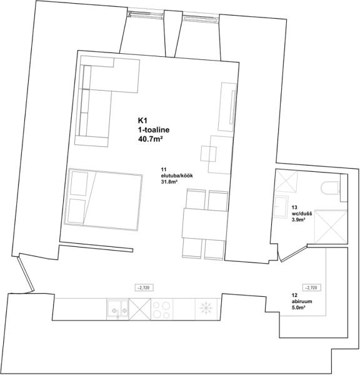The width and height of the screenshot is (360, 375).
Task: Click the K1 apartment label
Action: click(x=142, y=120)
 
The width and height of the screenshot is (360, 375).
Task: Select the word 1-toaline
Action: click(x=154, y=129)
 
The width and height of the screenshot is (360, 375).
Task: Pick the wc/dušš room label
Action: click(x=302, y=213)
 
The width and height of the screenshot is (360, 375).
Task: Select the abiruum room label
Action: click(x=302, y=301)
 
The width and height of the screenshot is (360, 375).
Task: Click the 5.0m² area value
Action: click(x=298, y=307)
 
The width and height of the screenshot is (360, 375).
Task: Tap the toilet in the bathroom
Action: click(x=331, y=187)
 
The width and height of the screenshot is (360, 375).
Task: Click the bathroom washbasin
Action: click(x=281, y=206)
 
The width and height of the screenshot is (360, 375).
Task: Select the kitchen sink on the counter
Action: click(x=117, y=309)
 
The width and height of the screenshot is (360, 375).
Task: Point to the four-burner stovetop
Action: click(x=162, y=309)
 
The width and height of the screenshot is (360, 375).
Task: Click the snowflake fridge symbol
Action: click(x=206, y=308)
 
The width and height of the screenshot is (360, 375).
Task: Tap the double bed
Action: click(x=103, y=199)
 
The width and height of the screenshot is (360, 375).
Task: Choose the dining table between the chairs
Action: click(x=204, y=223)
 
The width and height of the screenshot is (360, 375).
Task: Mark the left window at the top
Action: click(x=145, y=14)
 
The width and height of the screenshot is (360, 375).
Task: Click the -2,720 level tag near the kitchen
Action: click(x=144, y=287)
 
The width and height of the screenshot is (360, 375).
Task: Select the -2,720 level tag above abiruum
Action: click(x=312, y=287)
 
